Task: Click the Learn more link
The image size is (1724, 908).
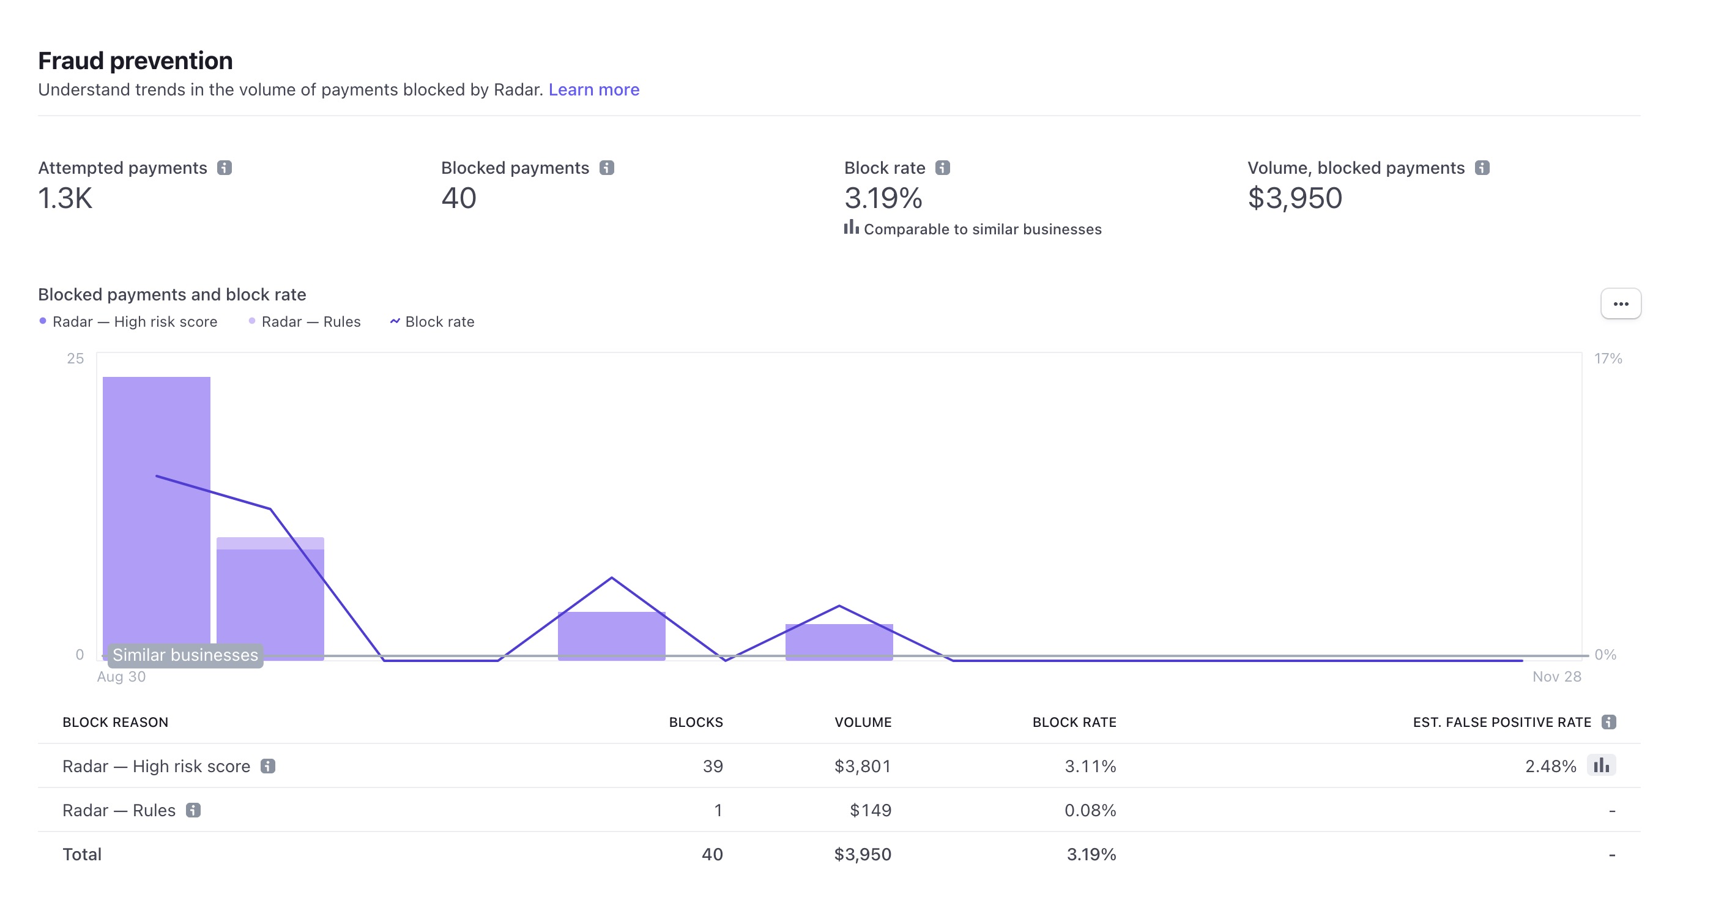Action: pos(593,90)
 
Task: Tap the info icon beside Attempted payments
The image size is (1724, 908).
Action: pos(224,168)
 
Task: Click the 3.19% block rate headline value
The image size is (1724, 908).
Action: pos(883,198)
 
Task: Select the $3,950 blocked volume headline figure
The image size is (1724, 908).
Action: pos(1295,198)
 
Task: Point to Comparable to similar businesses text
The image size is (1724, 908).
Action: pos(982,229)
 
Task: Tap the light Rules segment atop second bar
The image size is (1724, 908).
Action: pos(270,543)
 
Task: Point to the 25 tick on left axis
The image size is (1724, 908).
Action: pos(76,359)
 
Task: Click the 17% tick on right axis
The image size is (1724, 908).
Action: pos(1608,359)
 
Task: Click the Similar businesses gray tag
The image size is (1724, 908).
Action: pos(185,655)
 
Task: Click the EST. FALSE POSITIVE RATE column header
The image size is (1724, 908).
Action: pos(1501,723)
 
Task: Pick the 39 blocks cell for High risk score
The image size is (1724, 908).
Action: pos(712,766)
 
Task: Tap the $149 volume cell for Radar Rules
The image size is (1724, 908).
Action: pos(870,810)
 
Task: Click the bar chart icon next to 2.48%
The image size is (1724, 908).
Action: pos(1601,765)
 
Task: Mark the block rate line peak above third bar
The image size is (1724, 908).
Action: pos(612,578)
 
